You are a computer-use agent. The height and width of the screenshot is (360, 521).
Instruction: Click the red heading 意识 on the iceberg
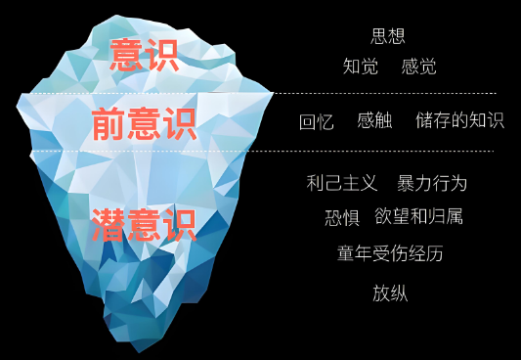point(144,55)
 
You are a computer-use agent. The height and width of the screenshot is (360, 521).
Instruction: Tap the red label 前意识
point(144,124)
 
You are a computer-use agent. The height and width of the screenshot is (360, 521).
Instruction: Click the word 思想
point(389,37)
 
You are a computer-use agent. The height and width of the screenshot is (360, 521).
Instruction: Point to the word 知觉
point(361,67)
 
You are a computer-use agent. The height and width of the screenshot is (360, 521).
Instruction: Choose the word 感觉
point(418,67)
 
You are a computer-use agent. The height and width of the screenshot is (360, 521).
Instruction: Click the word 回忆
point(317,121)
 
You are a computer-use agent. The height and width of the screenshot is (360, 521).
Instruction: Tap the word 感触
point(374,120)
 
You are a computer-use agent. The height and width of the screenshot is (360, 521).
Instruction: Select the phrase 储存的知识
point(459,120)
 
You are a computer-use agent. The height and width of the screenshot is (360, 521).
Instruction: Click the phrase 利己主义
point(341,183)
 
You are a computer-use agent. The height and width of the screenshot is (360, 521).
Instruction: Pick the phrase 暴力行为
point(432,183)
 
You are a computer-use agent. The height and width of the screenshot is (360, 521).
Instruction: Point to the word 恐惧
point(342,217)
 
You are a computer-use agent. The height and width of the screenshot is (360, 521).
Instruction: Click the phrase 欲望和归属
point(419,216)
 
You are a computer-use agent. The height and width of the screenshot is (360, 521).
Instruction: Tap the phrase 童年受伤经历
point(390,253)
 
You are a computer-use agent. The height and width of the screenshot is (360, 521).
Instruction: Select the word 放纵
point(390,292)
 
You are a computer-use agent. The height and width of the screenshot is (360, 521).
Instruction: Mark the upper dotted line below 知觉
point(391,94)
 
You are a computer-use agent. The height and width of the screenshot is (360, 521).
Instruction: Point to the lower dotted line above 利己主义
point(391,152)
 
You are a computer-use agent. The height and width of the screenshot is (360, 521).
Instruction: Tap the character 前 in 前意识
point(109,124)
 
